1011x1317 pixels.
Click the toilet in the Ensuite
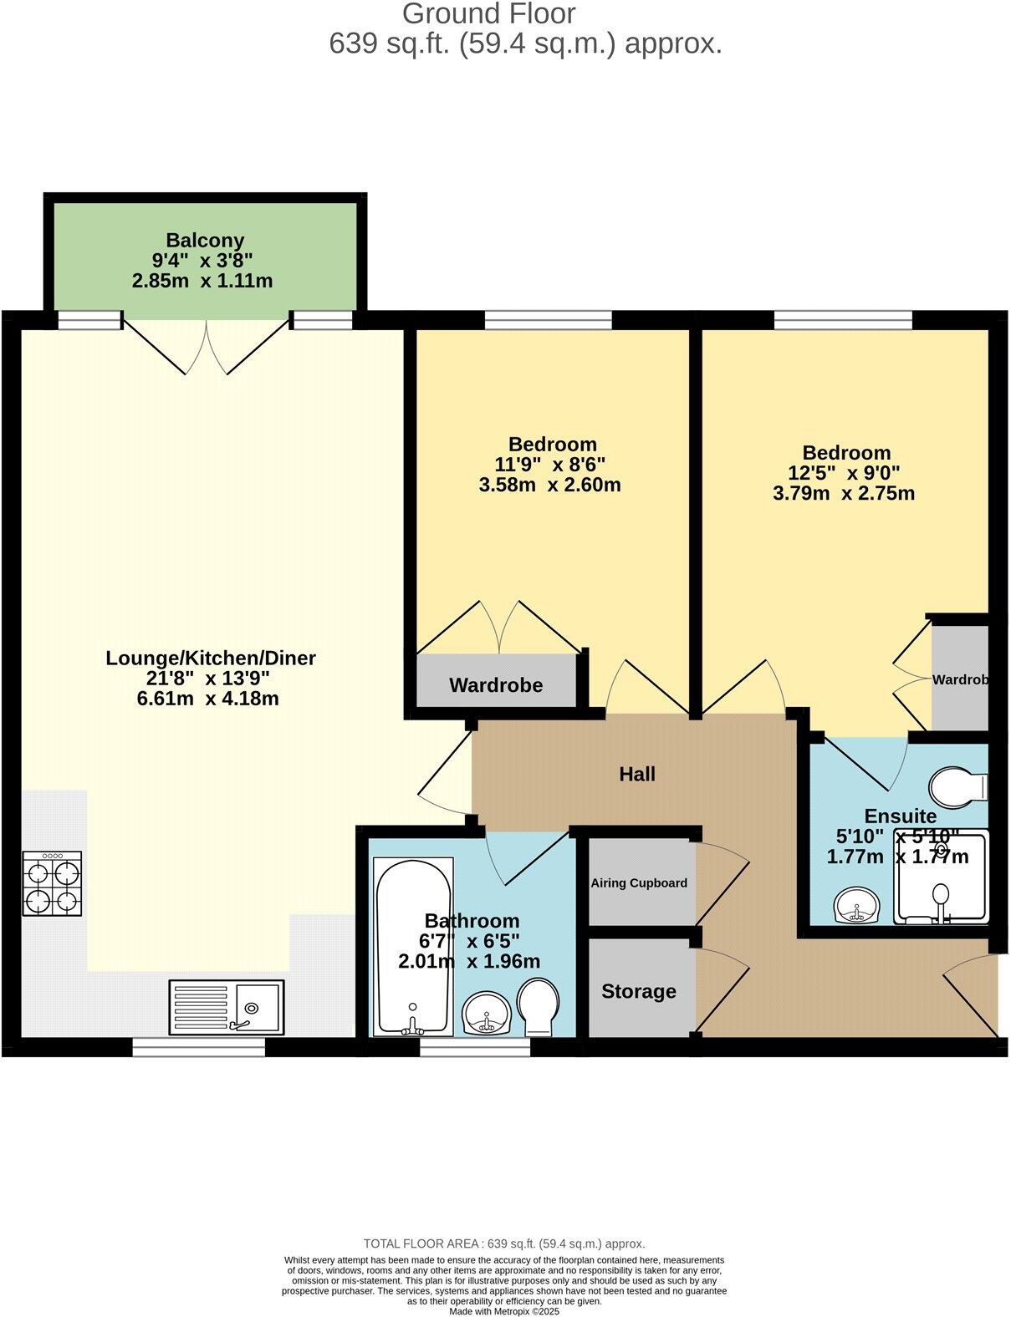[959, 786]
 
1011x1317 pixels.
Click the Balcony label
[205, 241]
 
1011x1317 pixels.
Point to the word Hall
[636, 774]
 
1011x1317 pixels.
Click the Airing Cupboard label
[639, 882]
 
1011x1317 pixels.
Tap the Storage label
[639, 991]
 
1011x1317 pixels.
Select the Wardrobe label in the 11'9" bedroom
[496, 685]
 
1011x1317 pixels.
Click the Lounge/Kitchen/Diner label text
[211, 658]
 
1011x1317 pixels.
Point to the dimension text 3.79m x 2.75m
[844, 493]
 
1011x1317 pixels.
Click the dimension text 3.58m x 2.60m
[550, 485]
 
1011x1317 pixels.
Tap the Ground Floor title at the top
[488, 13]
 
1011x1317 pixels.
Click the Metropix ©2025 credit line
[503, 1311]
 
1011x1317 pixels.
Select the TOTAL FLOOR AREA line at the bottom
[504, 1243]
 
